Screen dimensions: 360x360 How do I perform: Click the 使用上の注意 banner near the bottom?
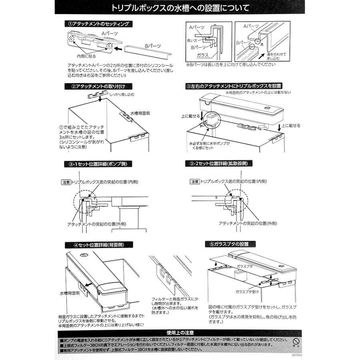(x=180, y=332)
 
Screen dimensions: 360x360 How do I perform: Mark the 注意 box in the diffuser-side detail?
(x=194, y=182)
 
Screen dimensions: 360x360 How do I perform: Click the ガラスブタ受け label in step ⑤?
(x=247, y=292)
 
